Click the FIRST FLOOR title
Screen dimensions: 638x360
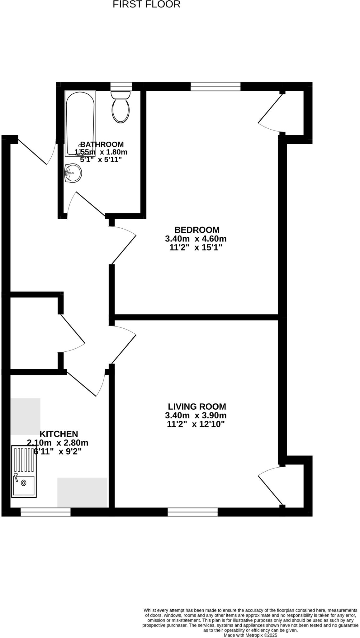click(x=146, y=4)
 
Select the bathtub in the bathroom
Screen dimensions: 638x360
click(x=80, y=123)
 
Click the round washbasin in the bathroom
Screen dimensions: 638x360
click(x=73, y=173)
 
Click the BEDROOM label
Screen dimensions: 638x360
click(x=197, y=230)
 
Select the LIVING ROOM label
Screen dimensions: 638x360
click(x=197, y=407)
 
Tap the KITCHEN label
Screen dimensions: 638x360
click(x=59, y=434)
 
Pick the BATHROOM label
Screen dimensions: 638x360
click(x=102, y=144)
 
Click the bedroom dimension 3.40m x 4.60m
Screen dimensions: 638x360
click(x=196, y=239)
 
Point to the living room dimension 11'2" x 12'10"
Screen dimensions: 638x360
click(x=196, y=424)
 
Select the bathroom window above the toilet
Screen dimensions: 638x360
click(x=121, y=86)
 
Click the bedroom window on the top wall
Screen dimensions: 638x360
click(x=216, y=86)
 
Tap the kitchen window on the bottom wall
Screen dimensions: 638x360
click(x=45, y=512)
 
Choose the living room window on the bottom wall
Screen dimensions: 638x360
click(x=192, y=512)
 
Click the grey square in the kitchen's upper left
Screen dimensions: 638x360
click(x=25, y=416)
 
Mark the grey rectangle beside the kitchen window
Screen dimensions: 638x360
click(x=82, y=492)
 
